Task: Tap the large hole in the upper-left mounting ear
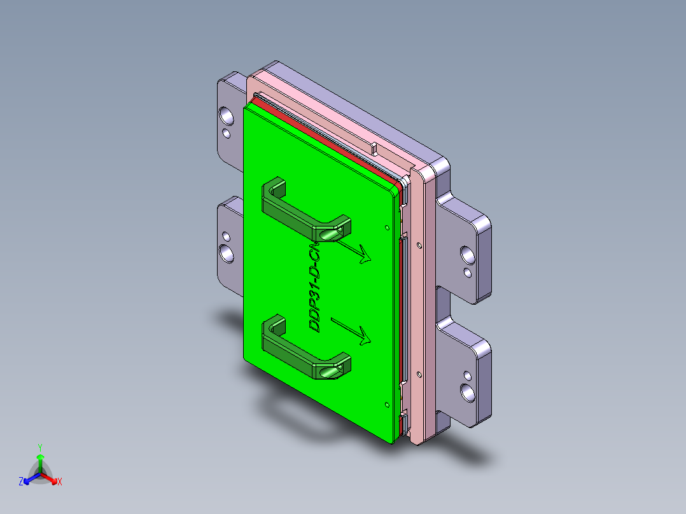click(x=226, y=115)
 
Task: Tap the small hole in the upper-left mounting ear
click(x=226, y=133)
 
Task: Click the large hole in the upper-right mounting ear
click(x=466, y=255)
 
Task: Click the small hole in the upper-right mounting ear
click(x=468, y=273)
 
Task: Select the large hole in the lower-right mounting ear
click(x=468, y=392)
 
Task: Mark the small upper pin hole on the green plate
click(x=387, y=226)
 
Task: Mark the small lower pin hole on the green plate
click(x=387, y=404)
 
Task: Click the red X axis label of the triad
click(x=60, y=482)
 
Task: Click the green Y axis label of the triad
click(x=39, y=447)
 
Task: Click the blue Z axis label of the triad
click(x=21, y=482)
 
